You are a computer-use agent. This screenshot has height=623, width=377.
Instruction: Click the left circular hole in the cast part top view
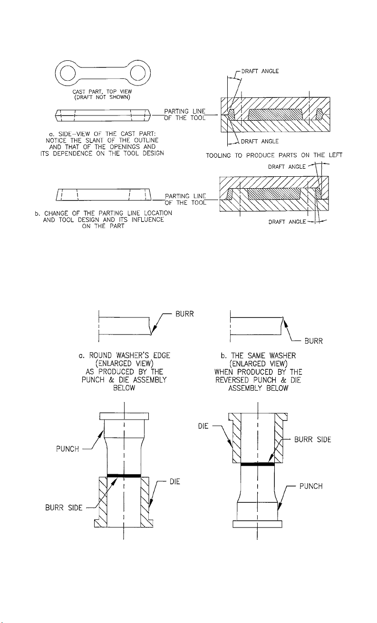point(68,73)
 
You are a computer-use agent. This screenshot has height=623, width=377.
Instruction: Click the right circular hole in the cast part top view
point(138,73)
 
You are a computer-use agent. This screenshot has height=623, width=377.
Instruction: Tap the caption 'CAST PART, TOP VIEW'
point(102,92)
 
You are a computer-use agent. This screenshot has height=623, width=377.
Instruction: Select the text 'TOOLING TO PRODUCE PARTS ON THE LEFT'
point(274,155)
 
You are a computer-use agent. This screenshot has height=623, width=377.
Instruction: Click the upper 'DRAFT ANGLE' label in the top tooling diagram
point(260,71)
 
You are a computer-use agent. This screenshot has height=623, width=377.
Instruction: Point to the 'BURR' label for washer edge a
point(184,314)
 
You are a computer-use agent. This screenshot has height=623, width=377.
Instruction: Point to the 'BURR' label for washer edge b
point(314,341)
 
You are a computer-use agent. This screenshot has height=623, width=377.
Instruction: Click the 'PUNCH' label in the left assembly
point(68,449)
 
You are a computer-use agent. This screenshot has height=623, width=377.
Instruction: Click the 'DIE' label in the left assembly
point(175,481)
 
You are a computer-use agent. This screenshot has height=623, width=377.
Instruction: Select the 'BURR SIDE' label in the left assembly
point(64,508)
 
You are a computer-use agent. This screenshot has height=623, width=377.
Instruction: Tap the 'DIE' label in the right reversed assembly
point(203,426)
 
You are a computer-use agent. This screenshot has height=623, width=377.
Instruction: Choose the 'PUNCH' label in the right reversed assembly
point(311,486)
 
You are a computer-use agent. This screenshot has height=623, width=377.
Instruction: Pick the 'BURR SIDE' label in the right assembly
point(313,440)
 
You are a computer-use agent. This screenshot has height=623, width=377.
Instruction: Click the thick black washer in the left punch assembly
point(124,476)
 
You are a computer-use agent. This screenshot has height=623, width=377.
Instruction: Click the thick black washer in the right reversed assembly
point(258,464)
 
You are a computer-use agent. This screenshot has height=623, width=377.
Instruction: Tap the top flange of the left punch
point(124,416)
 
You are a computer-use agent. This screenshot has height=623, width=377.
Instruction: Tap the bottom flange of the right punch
point(257,524)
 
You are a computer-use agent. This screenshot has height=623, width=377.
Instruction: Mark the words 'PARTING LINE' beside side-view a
point(185,111)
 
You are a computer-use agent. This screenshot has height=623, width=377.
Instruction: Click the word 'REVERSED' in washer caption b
point(232,380)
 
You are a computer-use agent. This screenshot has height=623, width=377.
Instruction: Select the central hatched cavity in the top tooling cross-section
point(275,115)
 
